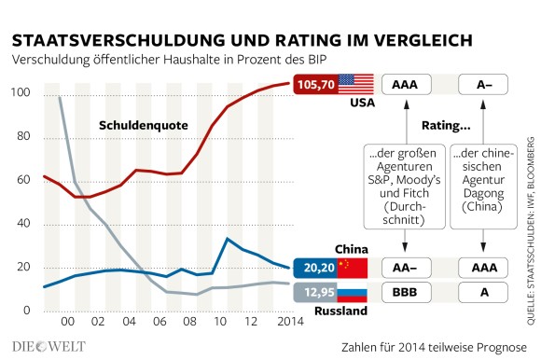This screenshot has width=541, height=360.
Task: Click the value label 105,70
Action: pos(317,84)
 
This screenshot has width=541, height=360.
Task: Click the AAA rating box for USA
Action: pos(405,84)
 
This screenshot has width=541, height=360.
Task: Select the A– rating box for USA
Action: pos(483,84)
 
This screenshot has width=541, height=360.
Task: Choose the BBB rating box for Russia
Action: pos(405,293)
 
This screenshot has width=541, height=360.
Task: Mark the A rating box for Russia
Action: pos(483,293)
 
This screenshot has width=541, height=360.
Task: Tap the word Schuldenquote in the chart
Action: pos(140,124)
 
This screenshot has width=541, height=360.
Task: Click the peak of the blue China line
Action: pos(228,239)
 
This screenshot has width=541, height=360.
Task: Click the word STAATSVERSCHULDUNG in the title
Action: pos(101,40)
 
